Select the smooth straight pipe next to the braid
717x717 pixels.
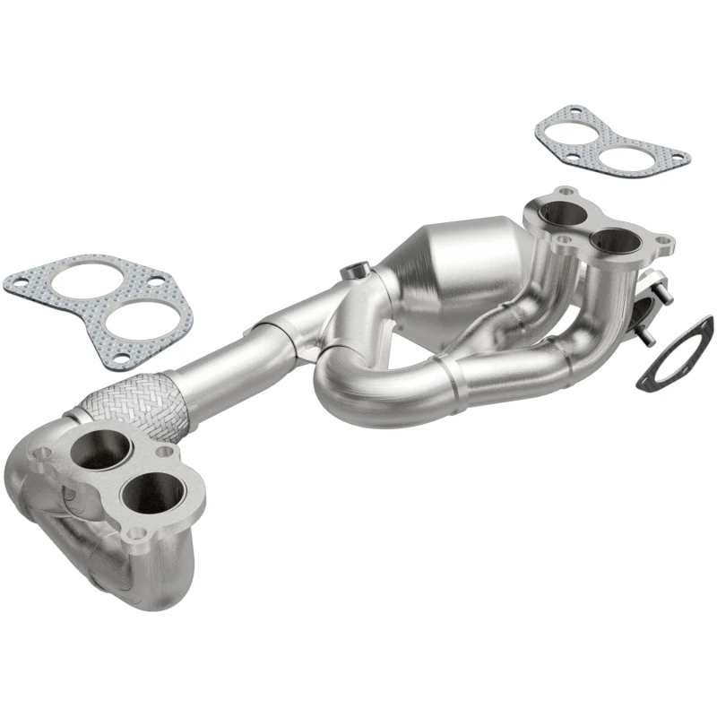click(x=215, y=367)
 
